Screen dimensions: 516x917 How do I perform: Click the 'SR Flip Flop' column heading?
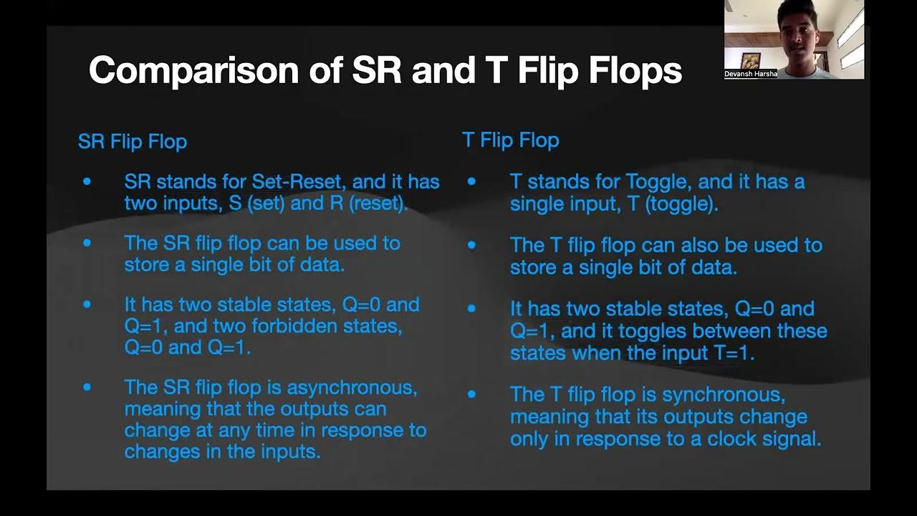pyautogui.click(x=133, y=141)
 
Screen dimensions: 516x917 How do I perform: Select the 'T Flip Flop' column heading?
pyautogui.click(x=510, y=140)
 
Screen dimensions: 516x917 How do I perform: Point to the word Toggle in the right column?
pyautogui.click(x=658, y=182)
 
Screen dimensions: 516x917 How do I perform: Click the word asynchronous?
pyautogui.click(x=352, y=388)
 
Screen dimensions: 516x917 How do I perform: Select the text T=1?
pyautogui.click(x=731, y=353)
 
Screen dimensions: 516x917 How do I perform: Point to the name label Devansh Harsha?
pyautogui.click(x=751, y=74)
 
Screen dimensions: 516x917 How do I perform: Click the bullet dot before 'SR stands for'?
pyautogui.click(x=87, y=182)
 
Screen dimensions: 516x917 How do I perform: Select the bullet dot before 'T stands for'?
pyautogui.click(x=471, y=182)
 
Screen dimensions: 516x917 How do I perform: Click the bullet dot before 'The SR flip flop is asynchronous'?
pyautogui.click(x=87, y=388)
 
